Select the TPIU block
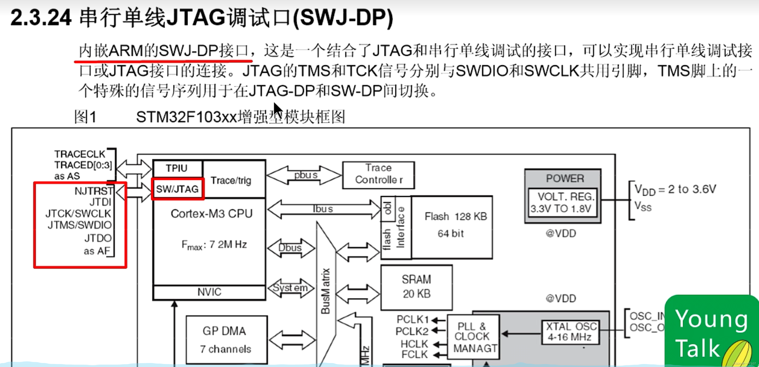click(x=177, y=168)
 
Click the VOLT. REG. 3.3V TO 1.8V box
click(x=562, y=203)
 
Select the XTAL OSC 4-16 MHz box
click(x=571, y=332)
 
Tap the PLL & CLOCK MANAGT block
click(x=473, y=337)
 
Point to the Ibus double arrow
click(x=323, y=209)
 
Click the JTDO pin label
click(x=98, y=238)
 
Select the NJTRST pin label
click(x=93, y=191)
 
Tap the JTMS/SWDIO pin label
click(x=80, y=225)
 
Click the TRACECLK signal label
click(x=80, y=154)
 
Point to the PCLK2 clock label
click(x=412, y=331)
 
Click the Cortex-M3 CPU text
click(x=211, y=214)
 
